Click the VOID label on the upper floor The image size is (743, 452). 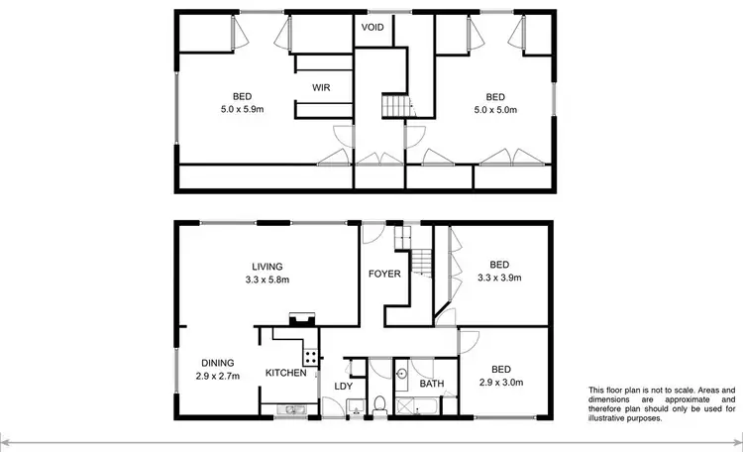click(x=373, y=27)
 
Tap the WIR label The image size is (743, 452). click(x=320, y=88)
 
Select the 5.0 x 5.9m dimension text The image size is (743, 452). click(x=243, y=109)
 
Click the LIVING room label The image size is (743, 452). click(x=267, y=267)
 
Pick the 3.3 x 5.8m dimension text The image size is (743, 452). click(x=267, y=280)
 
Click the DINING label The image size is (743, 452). click(x=218, y=363)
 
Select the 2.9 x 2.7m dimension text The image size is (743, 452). click(x=218, y=377)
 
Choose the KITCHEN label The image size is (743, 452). click(x=285, y=373)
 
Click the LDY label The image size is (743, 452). click(x=344, y=387)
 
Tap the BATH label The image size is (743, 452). click(x=431, y=384)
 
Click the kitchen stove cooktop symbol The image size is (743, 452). click(x=311, y=356)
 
